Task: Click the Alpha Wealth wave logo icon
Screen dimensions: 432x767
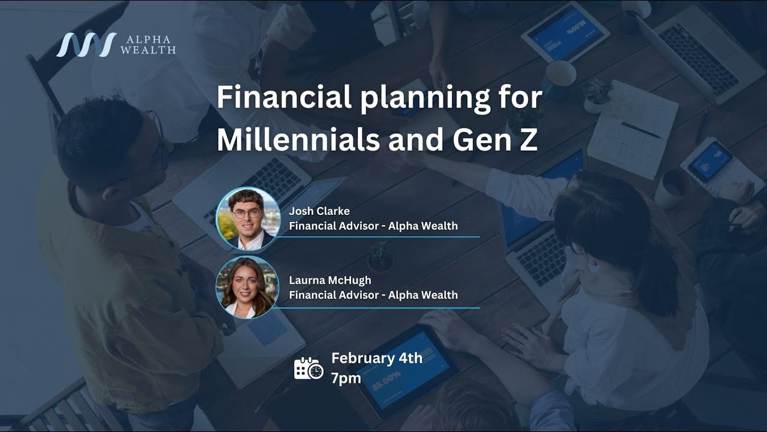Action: [86, 44]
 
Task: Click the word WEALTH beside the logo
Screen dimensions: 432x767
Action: [148, 50]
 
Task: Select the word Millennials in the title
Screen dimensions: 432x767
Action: [298, 139]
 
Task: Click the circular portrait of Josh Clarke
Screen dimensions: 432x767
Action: [247, 218]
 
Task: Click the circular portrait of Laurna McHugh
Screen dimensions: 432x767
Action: [247, 287]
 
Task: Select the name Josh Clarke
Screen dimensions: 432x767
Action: [319, 211]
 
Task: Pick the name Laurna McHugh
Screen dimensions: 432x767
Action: [330, 280]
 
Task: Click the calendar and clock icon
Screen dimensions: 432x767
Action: [309, 368]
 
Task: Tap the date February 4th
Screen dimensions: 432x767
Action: [377, 358]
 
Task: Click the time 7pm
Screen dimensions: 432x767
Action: [346, 378]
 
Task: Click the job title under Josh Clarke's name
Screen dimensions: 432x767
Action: [373, 226]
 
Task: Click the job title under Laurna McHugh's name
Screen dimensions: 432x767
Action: [373, 295]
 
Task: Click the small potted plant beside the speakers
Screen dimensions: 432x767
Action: [380, 258]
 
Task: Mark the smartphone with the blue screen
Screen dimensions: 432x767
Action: [711, 161]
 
